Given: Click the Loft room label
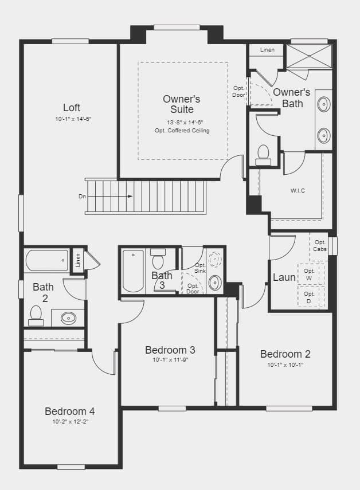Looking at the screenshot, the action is tap(72, 108).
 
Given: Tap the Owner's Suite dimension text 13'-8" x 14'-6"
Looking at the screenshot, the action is tap(182, 122).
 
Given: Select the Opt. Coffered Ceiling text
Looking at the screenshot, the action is tap(182, 131).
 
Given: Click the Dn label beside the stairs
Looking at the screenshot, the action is tap(82, 197).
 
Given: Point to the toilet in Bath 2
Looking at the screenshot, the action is tap(36, 316).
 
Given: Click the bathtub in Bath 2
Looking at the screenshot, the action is tap(47, 261).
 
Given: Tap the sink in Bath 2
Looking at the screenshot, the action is tap(68, 318).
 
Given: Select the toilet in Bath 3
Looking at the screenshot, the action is tap(158, 258).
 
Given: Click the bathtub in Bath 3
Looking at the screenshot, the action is tap(133, 271).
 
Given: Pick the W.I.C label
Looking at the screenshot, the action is tap(298, 190).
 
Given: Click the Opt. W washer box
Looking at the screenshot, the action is tap(309, 274).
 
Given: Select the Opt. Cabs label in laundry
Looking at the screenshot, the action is tap(320, 246).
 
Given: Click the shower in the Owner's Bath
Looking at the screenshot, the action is tap(309, 56).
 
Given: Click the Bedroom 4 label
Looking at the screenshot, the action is tap(70, 411).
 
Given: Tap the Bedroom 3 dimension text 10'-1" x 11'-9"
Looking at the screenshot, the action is tap(170, 360).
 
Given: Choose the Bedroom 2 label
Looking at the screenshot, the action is tap(285, 354).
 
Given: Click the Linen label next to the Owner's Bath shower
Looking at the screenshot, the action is tap(267, 50).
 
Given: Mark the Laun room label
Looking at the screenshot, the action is tap(284, 277).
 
